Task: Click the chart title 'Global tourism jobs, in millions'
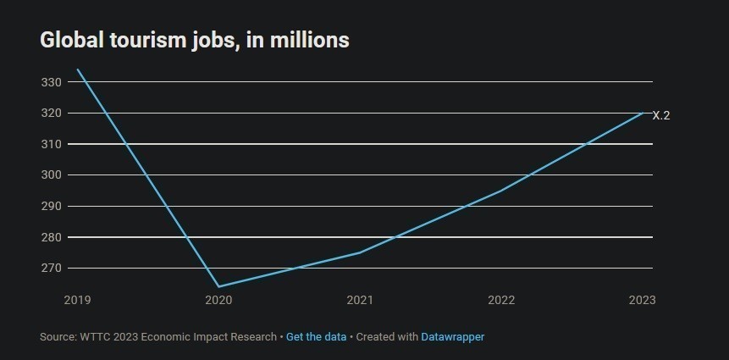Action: pos(194,40)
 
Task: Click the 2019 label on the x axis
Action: pos(77,300)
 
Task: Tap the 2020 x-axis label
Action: pos(218,300)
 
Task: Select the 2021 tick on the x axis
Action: pos(360,300)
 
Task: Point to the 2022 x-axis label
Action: pos(501,300)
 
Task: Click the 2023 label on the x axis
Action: pos(642,300)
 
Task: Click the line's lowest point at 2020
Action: pos(218,286)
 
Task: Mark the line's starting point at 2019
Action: pos(77,69)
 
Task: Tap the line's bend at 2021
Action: pos(360,252)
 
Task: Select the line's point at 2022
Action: pos(501,191)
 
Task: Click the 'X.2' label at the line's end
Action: pos(661,115)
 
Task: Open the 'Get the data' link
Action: pos(316,337)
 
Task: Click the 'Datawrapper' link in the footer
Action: pos(452,337)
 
